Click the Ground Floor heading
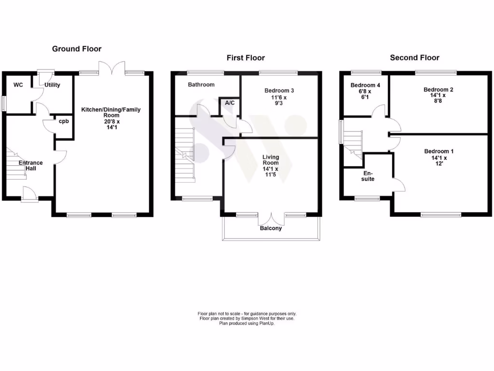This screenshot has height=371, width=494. [77, 49]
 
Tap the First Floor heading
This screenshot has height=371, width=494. [246, 58]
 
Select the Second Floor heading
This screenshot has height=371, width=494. [414, 58]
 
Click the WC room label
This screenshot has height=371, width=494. [18, 85]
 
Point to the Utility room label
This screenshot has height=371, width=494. [52, 85]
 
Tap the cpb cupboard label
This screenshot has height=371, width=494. [64, 121]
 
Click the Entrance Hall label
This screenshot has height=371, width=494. [31, 166]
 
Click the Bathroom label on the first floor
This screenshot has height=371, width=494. [201, 85]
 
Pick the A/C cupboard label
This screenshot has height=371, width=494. [229, 102]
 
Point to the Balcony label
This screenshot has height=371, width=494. [271, 228]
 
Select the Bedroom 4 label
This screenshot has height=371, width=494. [365, 86]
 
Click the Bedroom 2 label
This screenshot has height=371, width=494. [438, 89]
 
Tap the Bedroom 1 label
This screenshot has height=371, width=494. [438, 152]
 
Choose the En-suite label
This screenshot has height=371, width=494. [369, 176]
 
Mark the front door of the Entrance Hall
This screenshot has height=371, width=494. [30, 195]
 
